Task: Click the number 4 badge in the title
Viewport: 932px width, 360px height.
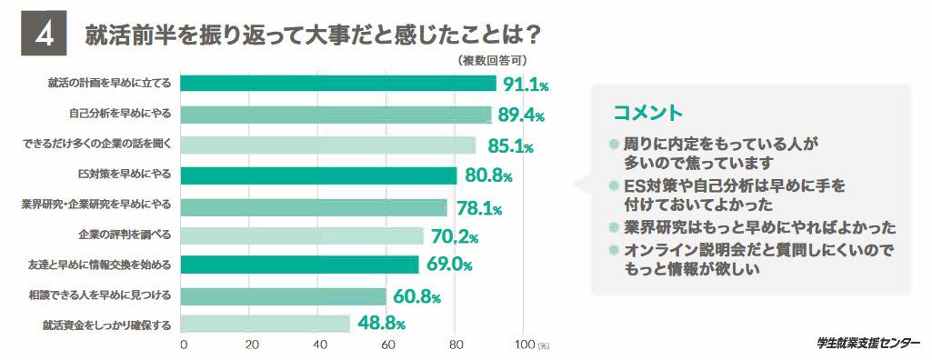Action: click(43, 35)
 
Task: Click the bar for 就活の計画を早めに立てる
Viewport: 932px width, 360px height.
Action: click(337, 84)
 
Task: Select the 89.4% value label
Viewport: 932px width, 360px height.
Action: click(517, 116)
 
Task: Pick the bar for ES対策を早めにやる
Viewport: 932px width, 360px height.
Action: click(318, 175)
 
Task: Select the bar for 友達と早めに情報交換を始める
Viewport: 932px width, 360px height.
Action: click(299, 265)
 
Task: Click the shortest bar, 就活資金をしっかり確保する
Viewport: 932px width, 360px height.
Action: click(265, 324)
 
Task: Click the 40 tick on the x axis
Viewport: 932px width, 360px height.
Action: click(320, 345)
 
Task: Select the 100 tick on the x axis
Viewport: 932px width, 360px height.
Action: click(525, 345)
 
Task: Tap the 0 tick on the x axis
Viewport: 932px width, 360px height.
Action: click(184, 345)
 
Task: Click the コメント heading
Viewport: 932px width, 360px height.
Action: click(647, 113)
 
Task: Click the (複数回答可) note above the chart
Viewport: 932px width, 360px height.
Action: click(492, 61)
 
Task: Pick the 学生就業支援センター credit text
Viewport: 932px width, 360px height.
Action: click(867, 343)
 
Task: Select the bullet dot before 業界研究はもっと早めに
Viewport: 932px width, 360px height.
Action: click(615, 226)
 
